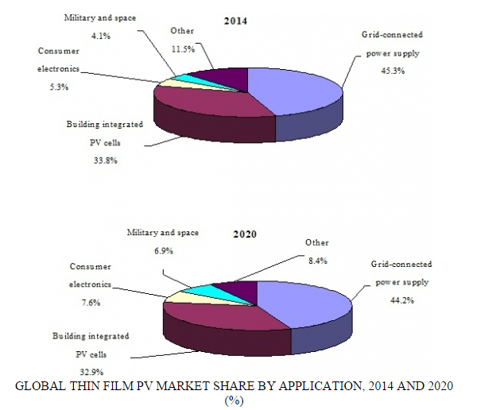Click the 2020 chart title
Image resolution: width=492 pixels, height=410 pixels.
(246, 235)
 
